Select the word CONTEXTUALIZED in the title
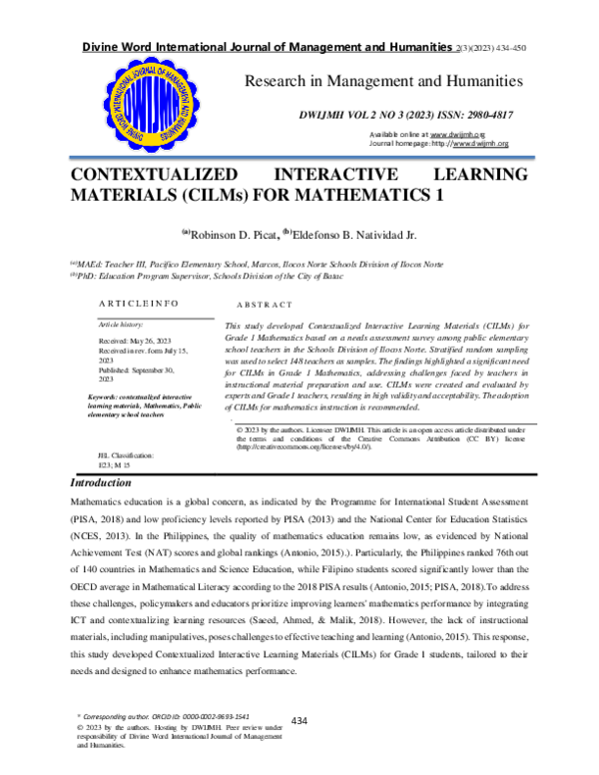click(154, 174)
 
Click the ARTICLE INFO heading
click(139, 302)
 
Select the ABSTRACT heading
click(265, 304)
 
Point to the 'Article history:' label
click(121, 325)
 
